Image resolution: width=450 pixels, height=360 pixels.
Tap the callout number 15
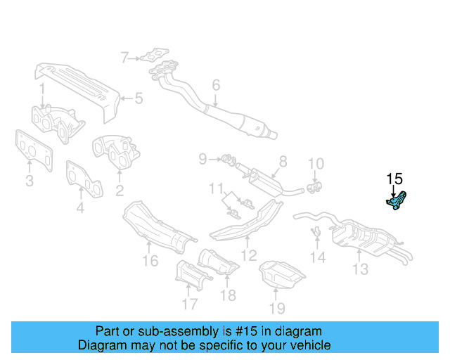[394, 179]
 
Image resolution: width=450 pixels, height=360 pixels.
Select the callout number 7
[124, 58]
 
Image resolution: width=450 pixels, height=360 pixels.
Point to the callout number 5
[139, 98]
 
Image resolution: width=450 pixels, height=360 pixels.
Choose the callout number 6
[216, 85]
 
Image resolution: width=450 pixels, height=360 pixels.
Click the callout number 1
[41, 89]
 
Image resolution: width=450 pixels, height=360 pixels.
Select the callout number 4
[80, 208]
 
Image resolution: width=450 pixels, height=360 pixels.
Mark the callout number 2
[119, 190]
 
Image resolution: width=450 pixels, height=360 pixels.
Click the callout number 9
[202, 160]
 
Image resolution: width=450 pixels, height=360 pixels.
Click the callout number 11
[218, 188]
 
